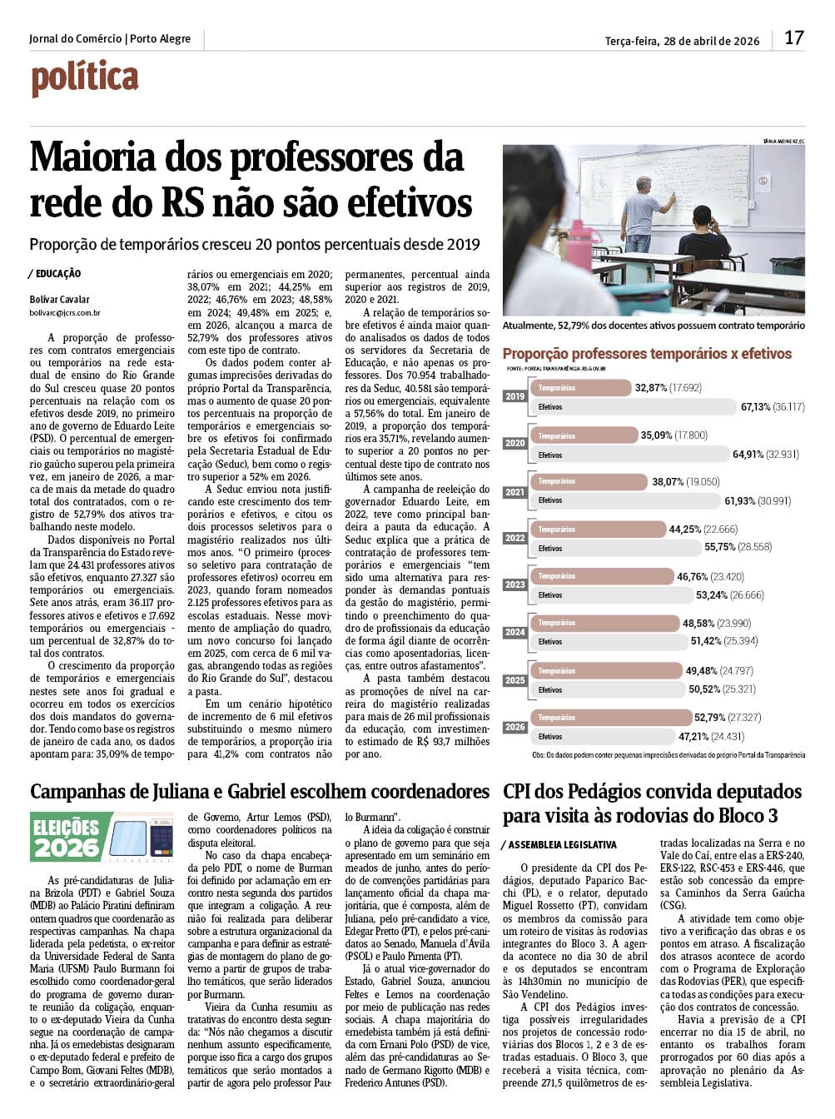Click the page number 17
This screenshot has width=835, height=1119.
pyautogui.click(x=793, y=37)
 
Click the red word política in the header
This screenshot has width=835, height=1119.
pyautogui.click(x=84, y=78)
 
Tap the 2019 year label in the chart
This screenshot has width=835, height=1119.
pyautogui.click(x=514, y=396)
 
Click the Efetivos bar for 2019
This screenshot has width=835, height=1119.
pyautogui.click(x=633, y=407)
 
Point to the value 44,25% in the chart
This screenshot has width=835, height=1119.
pyautogui.click(x=685, y=529)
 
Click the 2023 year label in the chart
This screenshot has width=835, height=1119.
pyautogui.click(x=514, y=584)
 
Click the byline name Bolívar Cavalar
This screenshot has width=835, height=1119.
pyautogui.click(x=59, y=300)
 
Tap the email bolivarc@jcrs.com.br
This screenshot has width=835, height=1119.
pyautogui.click(x=65, y=313)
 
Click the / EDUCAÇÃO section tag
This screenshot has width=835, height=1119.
pyautogui.click(x=55, y=274)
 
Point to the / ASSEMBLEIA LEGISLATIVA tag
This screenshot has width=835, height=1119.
pyautogui.click(x=559, y=845)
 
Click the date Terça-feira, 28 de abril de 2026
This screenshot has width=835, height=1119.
pyautogui.click(x=682, y=41)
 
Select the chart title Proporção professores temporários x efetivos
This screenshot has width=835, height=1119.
pyautogui.click(x=647, y=354)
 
